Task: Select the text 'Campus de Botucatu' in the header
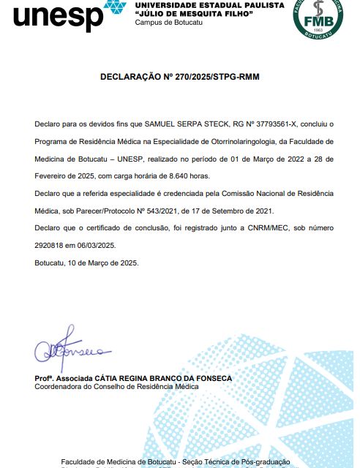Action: coord(169,23)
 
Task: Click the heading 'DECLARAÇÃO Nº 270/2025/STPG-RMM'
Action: coord(179,76)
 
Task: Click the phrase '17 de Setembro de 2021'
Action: coord(234,211)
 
